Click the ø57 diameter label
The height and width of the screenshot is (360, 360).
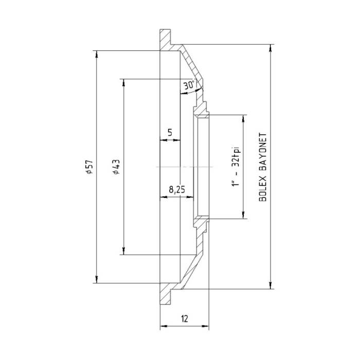pos(89,167)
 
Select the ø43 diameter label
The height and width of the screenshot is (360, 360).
pos(116,167)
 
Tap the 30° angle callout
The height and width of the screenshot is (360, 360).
pos(189,85)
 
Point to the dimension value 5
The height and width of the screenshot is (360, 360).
pos(170,133)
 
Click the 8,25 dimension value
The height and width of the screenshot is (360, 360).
pos(176,190)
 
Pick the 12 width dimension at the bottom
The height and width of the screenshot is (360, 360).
pos(184,318)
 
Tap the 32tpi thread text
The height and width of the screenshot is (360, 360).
pos(236,156)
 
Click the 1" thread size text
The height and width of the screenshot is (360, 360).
pos(236,184)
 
